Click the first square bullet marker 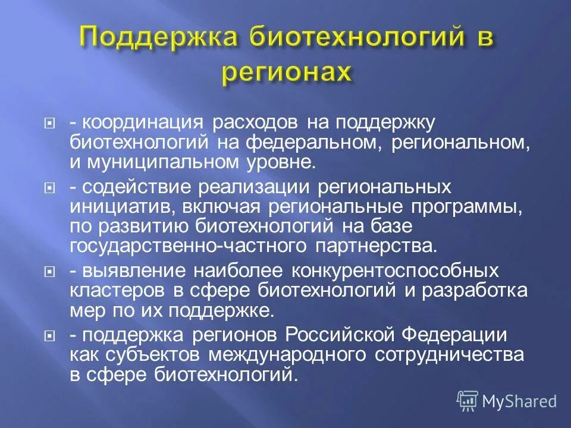tap(51, 124)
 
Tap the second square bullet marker tap(51, 188)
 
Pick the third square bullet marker tap(51, 272)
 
